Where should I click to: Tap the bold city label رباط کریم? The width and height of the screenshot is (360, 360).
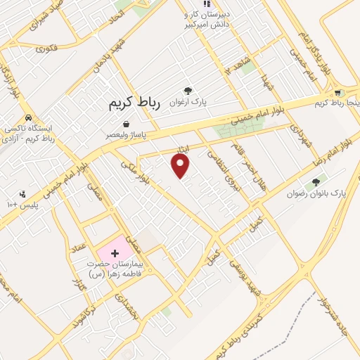click(x=134, y=103)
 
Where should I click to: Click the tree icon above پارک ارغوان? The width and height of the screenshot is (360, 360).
click(x=188, y=90)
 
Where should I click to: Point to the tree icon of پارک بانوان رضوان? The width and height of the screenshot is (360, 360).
click(x=316, y=181)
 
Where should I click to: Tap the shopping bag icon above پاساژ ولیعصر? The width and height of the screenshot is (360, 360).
click(x=126, y=124)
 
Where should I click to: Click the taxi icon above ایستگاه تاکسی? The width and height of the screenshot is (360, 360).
click(x=27, y=118)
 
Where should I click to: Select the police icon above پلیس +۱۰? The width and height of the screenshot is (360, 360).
click(x=22, y=193)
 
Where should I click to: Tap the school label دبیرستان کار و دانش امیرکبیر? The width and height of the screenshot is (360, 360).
click(x=207, y=19)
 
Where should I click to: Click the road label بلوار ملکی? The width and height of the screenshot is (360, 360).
click(x=133, y=172)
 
